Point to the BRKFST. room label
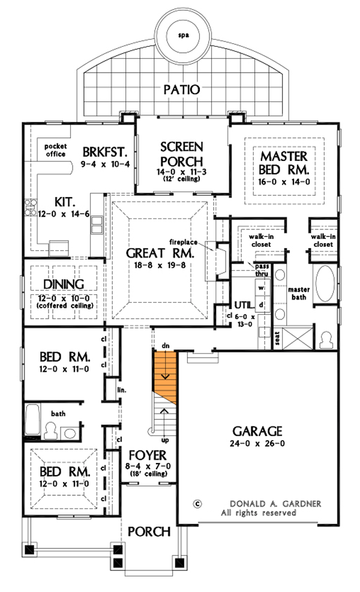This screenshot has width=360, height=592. tap(106, 151)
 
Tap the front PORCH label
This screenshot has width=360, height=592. tap(148, 532)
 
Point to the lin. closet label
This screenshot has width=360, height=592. tap(121, 390)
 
